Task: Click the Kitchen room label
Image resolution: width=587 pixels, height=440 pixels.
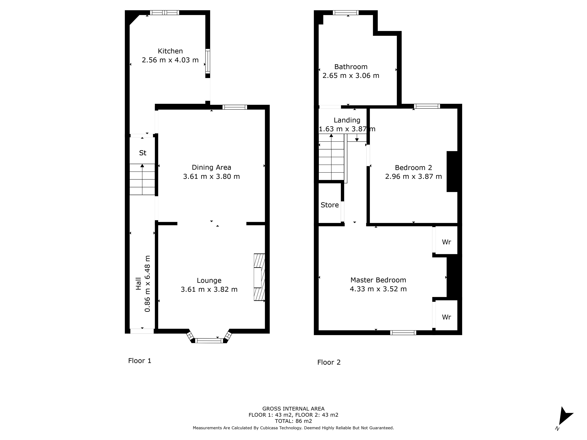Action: click(x=170, y=51)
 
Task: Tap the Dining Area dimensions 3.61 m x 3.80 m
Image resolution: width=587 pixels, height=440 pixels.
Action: click(x=211, y=176)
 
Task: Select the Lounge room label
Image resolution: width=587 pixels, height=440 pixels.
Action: click(x=209, y=280)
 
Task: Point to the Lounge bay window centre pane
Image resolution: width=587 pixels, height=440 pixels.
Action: click(x=209, y=341)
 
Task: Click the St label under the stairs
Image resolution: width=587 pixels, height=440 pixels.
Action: click(x=143, y=153)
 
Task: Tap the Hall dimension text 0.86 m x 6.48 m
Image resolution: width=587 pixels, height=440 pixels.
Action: click(x=147, y=284)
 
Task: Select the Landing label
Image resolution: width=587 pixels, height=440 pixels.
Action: click(x=347, y=120)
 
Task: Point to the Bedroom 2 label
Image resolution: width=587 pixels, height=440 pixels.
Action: click(x=413, y=168)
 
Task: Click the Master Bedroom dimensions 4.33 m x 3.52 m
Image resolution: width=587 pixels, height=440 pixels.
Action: click(x=378, y=289)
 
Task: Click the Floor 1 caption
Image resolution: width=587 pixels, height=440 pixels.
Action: click(x=140, y=361)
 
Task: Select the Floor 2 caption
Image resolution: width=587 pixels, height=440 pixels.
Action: click(x=329, y=362)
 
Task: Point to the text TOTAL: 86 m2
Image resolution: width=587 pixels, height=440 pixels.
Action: click(x=293, y=421)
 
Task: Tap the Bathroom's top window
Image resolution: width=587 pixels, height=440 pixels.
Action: click(x=345, y=12)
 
